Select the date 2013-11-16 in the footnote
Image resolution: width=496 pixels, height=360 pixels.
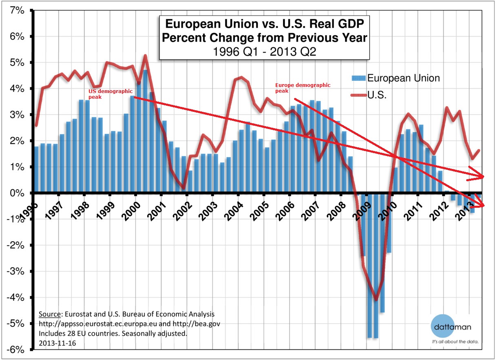[x=57, y=344]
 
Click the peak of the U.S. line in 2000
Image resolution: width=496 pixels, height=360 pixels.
[x=145, y=56]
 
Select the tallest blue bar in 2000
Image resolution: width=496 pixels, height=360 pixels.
[x=145, y=131]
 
